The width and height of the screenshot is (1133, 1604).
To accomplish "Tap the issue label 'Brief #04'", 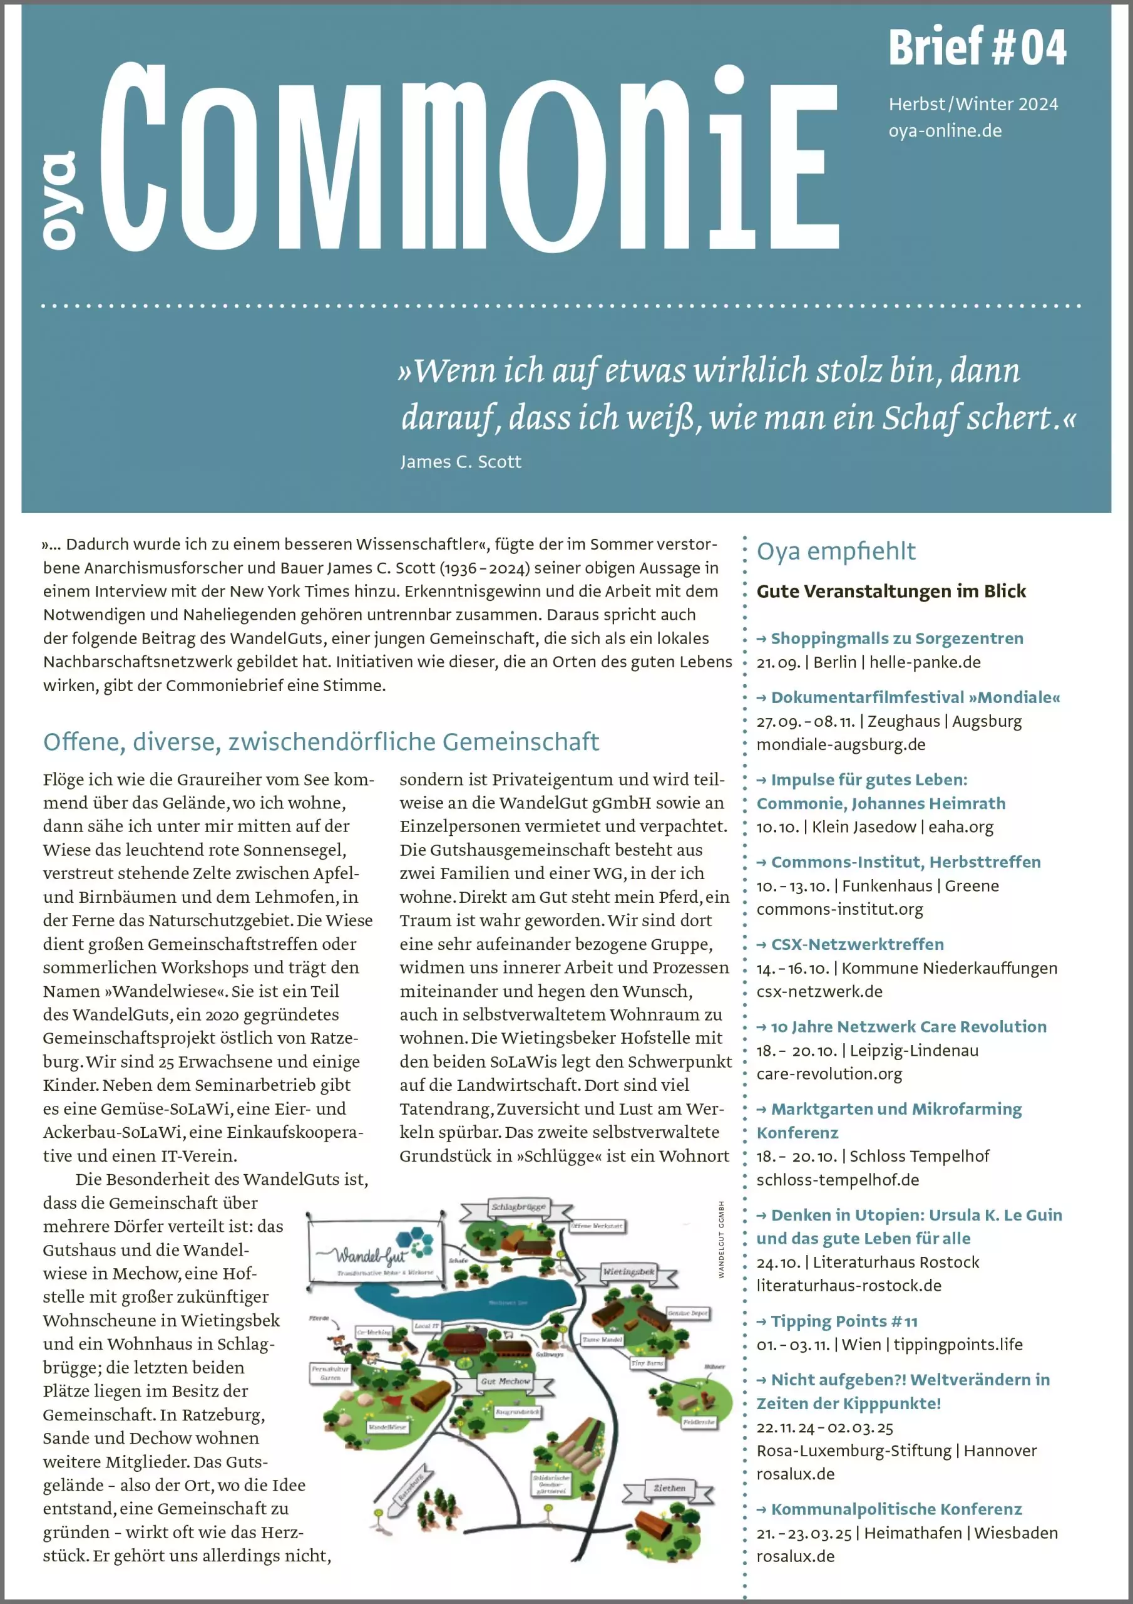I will pyautogui.click(x=977, y=48).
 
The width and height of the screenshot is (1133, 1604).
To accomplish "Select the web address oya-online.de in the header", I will pyautogui.click(x=945, y=131).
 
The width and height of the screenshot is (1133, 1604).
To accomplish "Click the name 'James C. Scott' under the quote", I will pyautogui.click(x=461, y=462).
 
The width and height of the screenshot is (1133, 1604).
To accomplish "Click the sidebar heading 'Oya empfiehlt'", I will pyautogui.click(x=836, y=551).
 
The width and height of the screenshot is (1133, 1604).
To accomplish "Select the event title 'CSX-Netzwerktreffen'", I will pyautogui.click(x=856, y=944).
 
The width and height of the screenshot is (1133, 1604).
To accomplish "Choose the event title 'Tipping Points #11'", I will pyautogui.click(x=843, y=1321).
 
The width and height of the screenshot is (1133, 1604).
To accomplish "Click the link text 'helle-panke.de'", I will pyautogui.click(x=925, y=662).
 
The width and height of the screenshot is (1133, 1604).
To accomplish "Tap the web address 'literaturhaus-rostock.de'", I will pyautogui.click(x=849, y=1286).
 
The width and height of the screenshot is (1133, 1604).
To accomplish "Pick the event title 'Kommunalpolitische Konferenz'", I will pyautogui.click(x=896, y=1509).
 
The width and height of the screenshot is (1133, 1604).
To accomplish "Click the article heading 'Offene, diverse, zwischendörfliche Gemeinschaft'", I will pyautogui.click(x=321, y=742).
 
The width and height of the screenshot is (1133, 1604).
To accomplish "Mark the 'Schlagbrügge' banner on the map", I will pyautogui.click(x=519, y=1207).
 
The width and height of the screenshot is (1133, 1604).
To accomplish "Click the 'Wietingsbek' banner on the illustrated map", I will pyautogui.click(x=629, y=1271).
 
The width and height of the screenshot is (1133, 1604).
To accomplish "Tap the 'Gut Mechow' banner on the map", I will pyautogui.click(x=505, y=1381).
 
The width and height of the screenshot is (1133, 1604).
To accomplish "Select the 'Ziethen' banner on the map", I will pyautogui.click(x=669, y=1488).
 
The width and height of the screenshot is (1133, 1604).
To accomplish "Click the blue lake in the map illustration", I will pyautogui.click(x=489, y=1302).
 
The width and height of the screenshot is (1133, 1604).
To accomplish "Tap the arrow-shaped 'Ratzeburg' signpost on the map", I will pyautogui.click(x=411, y=1488).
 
